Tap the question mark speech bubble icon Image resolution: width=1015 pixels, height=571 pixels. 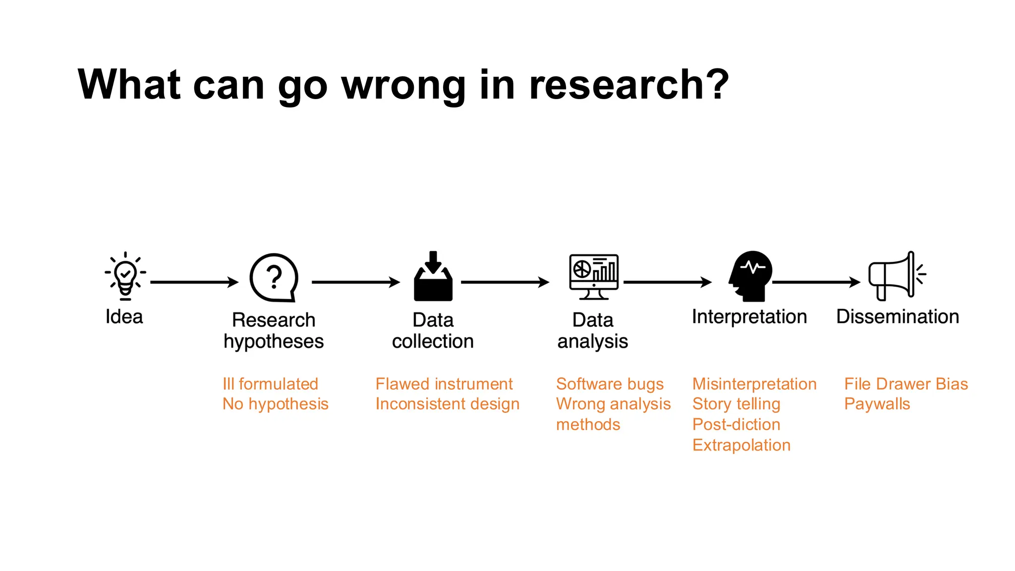point(274,278)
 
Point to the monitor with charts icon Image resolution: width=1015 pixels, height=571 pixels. point(594,277)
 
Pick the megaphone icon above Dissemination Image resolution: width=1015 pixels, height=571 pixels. point(896,276)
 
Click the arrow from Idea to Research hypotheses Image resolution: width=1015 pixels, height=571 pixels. point(194,282)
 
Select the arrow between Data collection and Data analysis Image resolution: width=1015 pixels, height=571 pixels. point(505,282)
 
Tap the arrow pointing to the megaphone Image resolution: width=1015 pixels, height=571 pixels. point(816,282)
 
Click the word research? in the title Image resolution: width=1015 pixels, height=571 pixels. point(629,85)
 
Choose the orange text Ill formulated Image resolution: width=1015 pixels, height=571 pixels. point(270,384)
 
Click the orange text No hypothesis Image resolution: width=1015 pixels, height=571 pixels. point(275,404)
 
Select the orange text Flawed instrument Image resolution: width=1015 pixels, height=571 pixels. point(444,384)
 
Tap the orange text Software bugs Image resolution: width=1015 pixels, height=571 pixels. point(610,384)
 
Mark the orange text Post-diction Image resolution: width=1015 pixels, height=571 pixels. point(736,424)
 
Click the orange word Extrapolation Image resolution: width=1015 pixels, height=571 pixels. point(741,445)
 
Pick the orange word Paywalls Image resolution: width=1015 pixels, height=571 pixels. point(877,404)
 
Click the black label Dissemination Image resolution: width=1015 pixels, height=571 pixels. point(897,317)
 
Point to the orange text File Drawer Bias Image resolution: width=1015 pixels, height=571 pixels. point(905,384)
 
